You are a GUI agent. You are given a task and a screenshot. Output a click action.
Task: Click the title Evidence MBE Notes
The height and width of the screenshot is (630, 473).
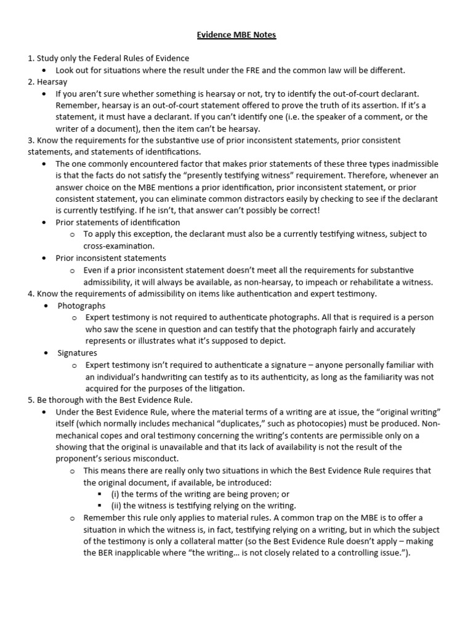[x=236, y=35]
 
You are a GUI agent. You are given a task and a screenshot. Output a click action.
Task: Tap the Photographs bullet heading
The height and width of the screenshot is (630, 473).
[x=81, y=306]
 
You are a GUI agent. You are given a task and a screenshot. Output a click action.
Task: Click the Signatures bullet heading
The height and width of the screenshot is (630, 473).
[x=77, y=353]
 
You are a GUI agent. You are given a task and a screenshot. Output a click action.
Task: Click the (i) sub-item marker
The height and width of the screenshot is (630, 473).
[x=115, y=494]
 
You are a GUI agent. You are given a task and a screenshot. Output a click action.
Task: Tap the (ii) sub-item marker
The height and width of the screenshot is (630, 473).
[x=116, y=506]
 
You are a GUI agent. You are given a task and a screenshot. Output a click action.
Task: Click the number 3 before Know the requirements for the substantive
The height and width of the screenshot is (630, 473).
[x=30, y=140]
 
